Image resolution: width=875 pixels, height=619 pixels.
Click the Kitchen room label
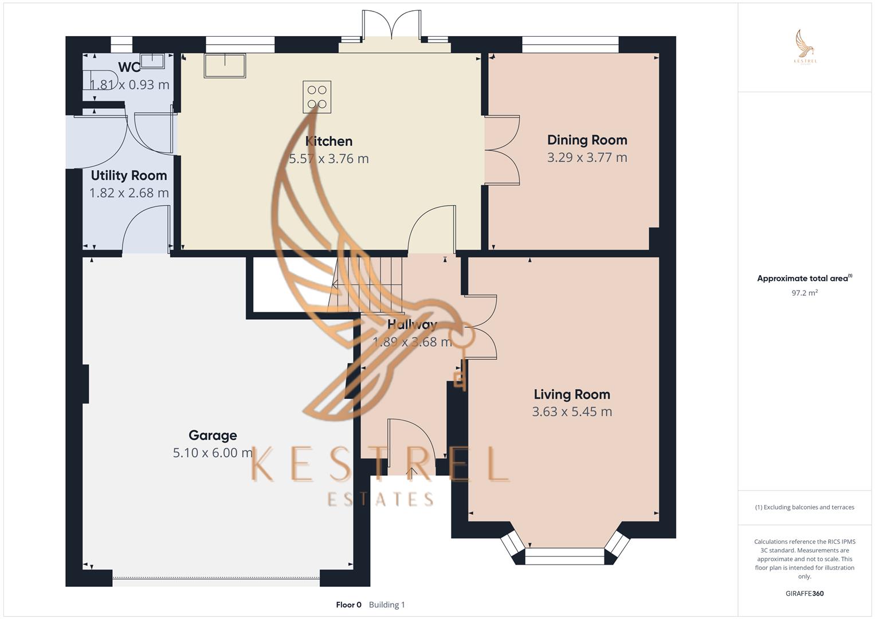tap(328, 141)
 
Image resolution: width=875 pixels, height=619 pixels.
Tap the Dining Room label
tap(587, 140)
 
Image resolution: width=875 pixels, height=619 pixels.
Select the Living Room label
tap(571, 394)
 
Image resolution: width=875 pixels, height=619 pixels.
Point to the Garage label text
tap(213, 436)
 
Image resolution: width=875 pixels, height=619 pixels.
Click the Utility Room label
tap(129, 175)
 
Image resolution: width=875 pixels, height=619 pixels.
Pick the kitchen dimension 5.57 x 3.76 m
tap(328, 159)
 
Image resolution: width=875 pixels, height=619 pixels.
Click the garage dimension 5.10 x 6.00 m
tap(213, 453)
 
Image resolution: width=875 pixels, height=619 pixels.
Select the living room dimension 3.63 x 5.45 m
tap(571, 412)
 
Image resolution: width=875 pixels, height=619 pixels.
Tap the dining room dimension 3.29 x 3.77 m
tap(587, 158)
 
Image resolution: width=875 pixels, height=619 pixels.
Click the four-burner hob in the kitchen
tap(317, 97)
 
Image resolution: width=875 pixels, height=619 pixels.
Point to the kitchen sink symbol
tap(225, 65)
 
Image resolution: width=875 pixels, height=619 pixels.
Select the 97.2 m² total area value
tap(804, 293)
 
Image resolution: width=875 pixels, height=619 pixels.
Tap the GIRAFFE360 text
tap(804, 593)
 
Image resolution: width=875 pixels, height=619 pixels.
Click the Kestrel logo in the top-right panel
tap(805, 47)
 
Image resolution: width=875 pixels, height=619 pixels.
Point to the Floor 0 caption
tap(348, 605)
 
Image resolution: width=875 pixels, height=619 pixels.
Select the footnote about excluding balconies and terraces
tap(804, 507)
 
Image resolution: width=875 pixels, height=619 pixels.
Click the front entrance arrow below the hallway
tap(411, 472)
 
